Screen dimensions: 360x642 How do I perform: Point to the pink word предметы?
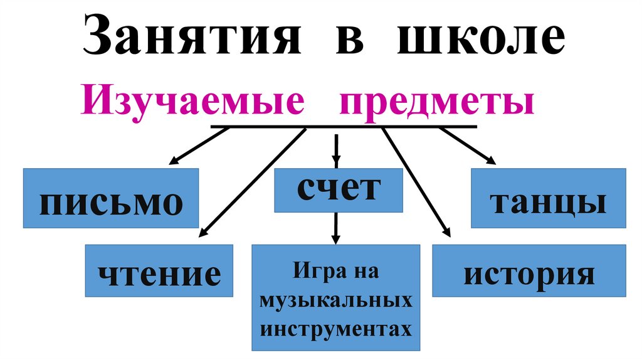[x=437, y=103]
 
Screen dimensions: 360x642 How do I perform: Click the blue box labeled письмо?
[x=111, y=198]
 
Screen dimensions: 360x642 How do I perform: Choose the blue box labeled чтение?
[x=159, y=271]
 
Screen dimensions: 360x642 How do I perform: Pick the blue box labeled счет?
[x=338, y=191]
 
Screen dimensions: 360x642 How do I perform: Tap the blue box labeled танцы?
[x=548, y=198]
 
